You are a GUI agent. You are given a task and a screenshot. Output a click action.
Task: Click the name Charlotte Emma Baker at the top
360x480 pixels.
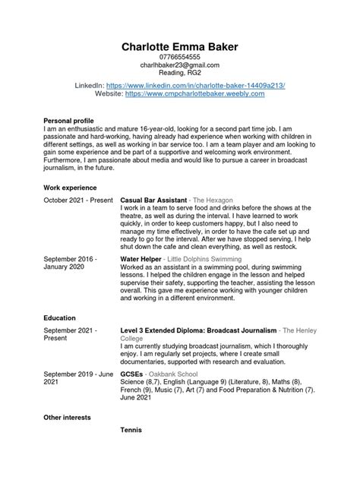179,47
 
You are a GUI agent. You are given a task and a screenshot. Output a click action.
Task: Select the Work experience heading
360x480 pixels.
71,187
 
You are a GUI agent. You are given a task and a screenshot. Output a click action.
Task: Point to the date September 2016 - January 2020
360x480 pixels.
71,264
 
